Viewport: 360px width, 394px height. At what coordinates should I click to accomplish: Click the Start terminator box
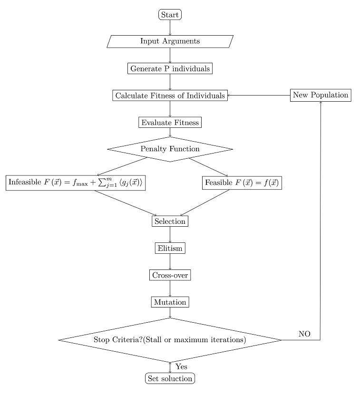point(170,15)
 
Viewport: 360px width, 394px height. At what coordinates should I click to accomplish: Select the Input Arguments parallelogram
point(170,41)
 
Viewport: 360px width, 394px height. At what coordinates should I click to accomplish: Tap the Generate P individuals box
point(170,68)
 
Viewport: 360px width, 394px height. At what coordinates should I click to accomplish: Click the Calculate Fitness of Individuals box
point(170,96)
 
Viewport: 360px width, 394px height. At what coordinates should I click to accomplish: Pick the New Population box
point(321,95)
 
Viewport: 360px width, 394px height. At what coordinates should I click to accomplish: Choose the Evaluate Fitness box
point(170,122)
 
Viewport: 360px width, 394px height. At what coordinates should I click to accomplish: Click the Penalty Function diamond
point(170,149)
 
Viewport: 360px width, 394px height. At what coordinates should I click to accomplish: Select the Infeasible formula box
point(75,183)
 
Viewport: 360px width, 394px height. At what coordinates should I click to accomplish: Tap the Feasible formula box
point(243,183)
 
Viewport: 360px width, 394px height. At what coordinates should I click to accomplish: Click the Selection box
point(170,221)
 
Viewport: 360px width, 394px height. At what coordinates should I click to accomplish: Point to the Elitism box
point(170,248)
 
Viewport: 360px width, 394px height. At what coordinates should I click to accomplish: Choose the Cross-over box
point(170,275)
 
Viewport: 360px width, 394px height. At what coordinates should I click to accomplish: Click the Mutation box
point(170,302)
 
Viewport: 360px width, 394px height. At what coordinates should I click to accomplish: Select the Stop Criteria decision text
point(170,340)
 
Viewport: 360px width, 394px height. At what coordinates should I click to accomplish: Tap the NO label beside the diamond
point(304,334)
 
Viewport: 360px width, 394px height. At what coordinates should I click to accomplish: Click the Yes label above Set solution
point(181,366)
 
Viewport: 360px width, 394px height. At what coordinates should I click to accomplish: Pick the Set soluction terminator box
point(170,379)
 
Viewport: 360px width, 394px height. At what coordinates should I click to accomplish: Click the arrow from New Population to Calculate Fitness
point(259,96)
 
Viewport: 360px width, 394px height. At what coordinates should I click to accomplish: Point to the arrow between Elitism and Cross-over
point(170,262)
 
